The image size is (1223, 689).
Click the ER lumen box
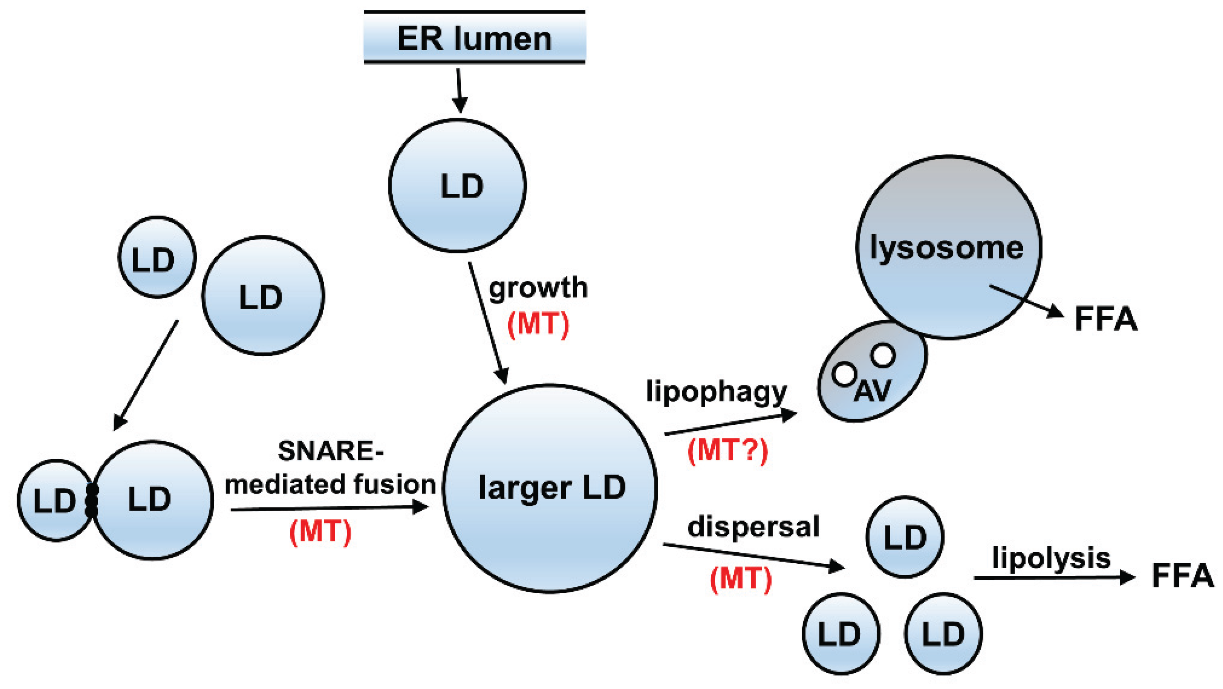point(474,38)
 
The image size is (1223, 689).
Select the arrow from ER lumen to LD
point(459,90)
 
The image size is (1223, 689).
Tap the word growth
point(538,288)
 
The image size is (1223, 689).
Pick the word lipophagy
point(716,392)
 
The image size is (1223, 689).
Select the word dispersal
point(753,527)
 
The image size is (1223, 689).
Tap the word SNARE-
point(330,451)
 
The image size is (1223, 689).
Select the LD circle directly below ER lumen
point(457,185)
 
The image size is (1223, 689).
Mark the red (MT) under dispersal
point(741,579)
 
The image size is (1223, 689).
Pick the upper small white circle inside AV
point(882,355)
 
